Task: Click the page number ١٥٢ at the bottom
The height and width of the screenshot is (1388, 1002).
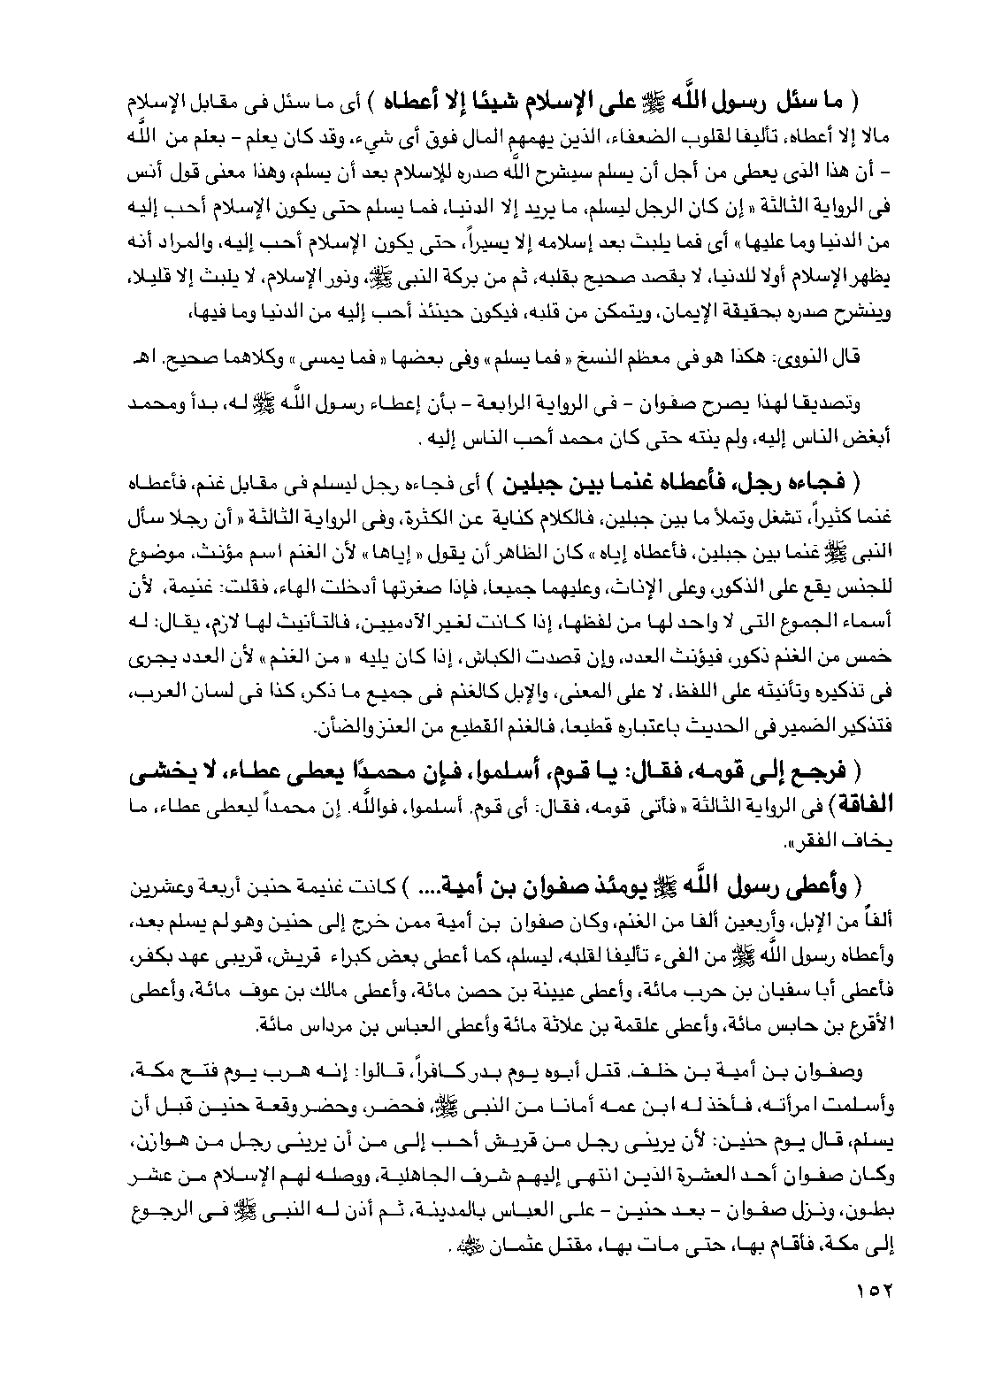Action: [873, 1291]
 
